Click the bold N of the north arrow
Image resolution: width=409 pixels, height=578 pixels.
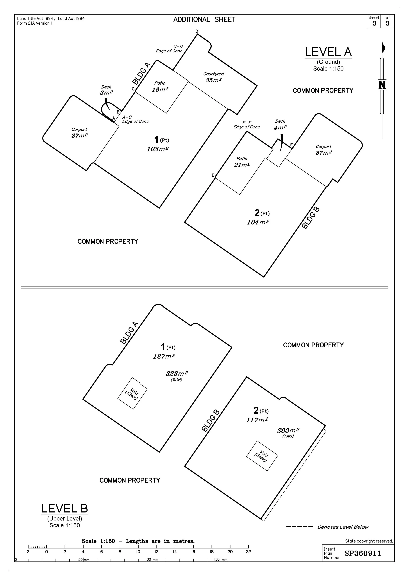pos(382,85)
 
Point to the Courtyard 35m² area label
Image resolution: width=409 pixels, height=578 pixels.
pos(214,77)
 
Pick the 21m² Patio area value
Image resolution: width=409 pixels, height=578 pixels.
pos(242,165)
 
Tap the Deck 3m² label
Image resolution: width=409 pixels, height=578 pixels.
pos(106,90)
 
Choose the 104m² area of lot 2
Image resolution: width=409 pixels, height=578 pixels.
pos(258,222)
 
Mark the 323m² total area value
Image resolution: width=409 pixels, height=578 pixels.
pos(176,374)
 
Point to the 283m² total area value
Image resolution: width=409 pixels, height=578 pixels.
pos(288,431)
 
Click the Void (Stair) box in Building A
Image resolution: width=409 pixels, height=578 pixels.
pos(132,393)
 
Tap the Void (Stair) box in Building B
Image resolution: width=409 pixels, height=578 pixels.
pos(262,456)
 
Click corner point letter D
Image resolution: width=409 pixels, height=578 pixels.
pos(197,31)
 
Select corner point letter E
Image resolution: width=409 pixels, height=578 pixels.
pos(213,175)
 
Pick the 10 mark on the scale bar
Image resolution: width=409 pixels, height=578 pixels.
pos(138,552)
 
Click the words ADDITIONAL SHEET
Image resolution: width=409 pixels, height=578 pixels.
pos(204,20)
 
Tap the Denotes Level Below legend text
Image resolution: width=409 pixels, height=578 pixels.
pos(343,527)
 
